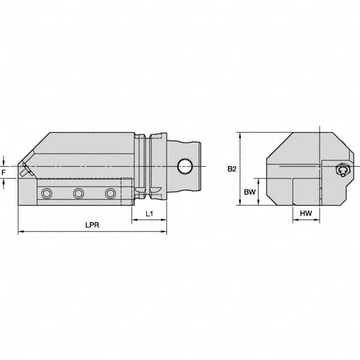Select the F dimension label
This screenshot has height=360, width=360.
tap(4, 172)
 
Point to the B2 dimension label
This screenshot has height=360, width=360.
tap(232, 169)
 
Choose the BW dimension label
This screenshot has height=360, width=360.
tap(249, 192)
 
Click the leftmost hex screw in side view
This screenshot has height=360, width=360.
tap(47, 193)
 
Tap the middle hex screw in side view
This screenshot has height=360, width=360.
tap(78, 193)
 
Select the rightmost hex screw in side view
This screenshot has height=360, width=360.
tap(109, 193)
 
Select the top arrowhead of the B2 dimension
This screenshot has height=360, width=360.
tap(240, 135)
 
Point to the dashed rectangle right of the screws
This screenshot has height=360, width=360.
tap(126, 191)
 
